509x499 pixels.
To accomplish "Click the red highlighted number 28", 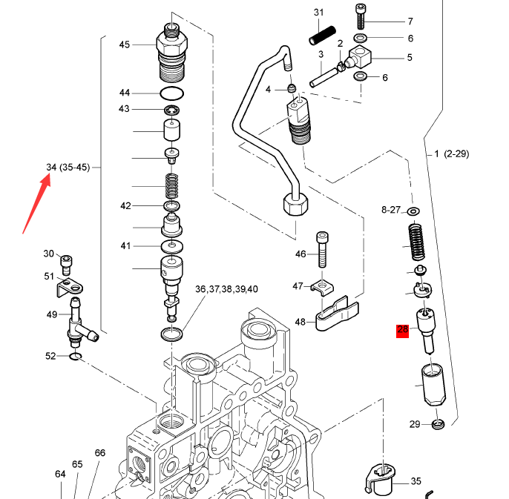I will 403,331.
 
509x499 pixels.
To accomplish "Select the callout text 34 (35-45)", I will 68,167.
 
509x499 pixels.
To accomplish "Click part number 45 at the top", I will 125,44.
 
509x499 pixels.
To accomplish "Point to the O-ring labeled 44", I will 172,93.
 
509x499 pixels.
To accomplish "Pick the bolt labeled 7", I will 361,18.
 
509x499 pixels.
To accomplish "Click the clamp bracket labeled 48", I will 334,314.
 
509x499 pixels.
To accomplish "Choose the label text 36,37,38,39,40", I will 226,289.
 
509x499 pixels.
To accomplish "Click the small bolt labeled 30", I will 68,260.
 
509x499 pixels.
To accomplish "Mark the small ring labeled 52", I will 75,358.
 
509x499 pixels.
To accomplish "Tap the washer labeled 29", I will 436,424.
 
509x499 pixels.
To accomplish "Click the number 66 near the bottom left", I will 100,453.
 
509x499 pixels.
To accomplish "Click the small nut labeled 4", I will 292,90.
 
